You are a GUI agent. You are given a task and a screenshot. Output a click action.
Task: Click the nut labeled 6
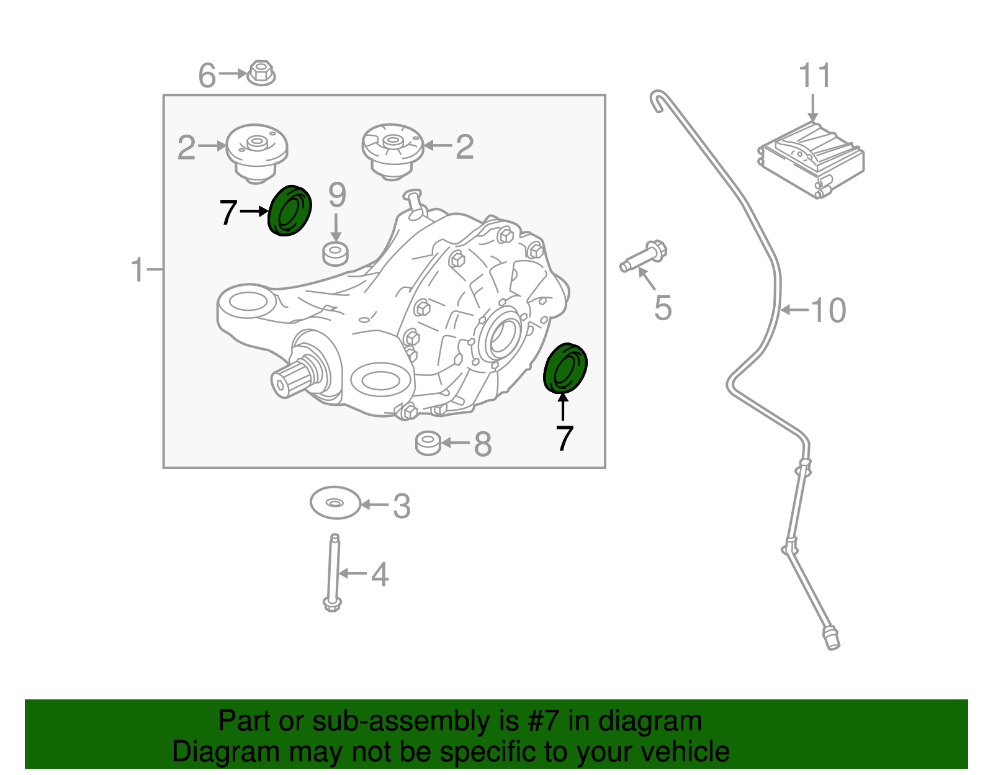coord(261,73)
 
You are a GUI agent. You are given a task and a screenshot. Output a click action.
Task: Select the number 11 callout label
coord(814,76)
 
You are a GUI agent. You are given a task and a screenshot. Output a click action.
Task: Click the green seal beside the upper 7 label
coord(289,211)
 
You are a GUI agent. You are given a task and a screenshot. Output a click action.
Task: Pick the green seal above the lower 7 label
coord(565,368)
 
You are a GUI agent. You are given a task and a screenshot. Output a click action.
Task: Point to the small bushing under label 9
coord(335,254)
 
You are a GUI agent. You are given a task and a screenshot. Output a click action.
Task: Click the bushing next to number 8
coord(428,443)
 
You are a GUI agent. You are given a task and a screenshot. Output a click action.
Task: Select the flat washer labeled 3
coord(335,503)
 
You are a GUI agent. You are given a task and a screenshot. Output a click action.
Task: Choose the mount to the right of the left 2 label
coord(256,151)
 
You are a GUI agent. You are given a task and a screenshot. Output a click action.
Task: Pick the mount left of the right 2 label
coord(392,150)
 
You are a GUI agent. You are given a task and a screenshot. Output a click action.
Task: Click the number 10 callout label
coord(828,310)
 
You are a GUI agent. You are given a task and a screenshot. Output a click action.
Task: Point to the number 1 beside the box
coord(138,271)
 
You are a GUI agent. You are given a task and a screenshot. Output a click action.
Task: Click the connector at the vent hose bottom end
coord(832,639)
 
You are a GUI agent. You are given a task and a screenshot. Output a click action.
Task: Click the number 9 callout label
coord(337,195)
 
